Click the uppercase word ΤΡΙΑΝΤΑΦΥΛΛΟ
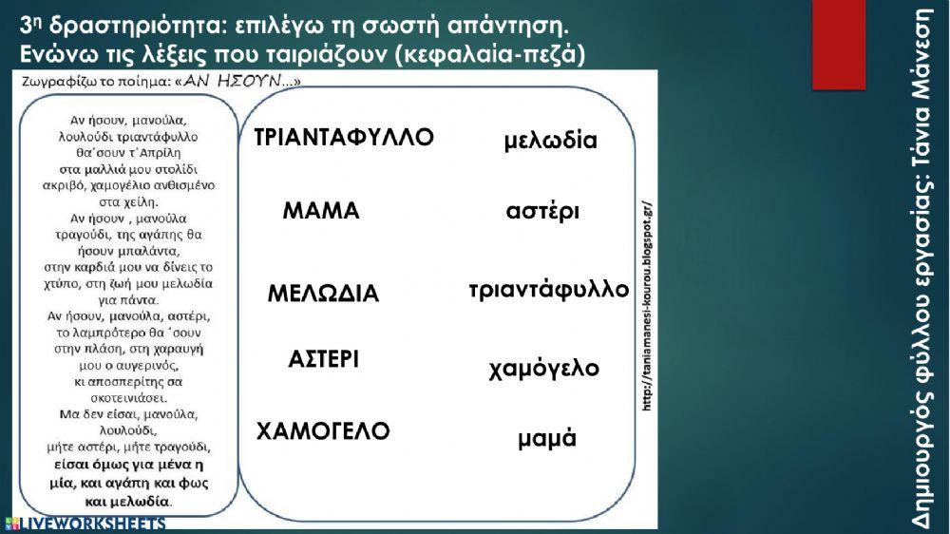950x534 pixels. coord(344,138)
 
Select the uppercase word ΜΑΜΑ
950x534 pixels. coord(321,211)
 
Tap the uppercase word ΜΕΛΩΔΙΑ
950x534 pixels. coord(323,294)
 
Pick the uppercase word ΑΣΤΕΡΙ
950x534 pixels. coord(323,359)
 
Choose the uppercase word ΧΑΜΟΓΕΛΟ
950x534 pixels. coord(323,431)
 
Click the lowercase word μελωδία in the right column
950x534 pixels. coord(550,142)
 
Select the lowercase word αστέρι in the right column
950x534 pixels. coord(542,211)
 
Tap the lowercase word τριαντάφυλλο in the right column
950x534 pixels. coord(549,289)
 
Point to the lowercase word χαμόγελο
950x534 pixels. coord(544,368)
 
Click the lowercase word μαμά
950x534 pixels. coord(547,439)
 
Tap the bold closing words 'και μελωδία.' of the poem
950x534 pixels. coord(128,500)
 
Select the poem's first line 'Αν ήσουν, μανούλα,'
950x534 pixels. coord(127,120)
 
